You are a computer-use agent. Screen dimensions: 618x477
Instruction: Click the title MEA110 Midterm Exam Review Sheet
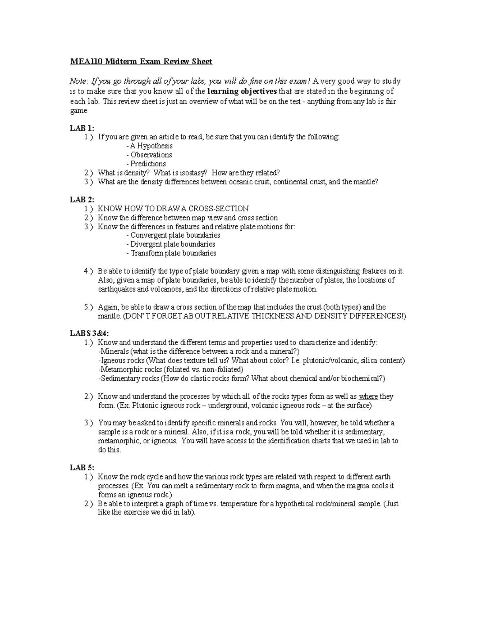[141, 62]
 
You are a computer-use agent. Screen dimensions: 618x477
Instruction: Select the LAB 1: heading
[82, 128]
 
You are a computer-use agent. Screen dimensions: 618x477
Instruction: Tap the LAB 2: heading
[82, 200]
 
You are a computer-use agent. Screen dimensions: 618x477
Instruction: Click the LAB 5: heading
[82, 468]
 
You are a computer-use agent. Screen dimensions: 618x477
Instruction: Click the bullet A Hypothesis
[149, 146]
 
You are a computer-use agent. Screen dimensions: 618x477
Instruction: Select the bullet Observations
[149, 155]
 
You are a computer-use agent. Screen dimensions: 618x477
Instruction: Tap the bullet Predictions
[146, 164]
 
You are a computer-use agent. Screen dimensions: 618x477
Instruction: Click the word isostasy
[193, 173]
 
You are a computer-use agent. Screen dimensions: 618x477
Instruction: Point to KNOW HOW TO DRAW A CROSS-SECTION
[173, 209]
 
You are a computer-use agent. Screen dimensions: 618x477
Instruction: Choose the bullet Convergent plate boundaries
[173, 235]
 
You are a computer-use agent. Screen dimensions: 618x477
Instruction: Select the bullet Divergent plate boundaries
[171, 244]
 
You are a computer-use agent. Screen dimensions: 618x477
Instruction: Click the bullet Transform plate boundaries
[171, 253]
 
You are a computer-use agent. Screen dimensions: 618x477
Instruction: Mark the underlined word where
[368, 397]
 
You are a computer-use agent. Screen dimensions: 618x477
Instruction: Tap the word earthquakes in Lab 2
[117, 289]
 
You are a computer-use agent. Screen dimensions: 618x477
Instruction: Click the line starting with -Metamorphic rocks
[171, 369]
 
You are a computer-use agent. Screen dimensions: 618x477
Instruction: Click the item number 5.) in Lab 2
[89, 307]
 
